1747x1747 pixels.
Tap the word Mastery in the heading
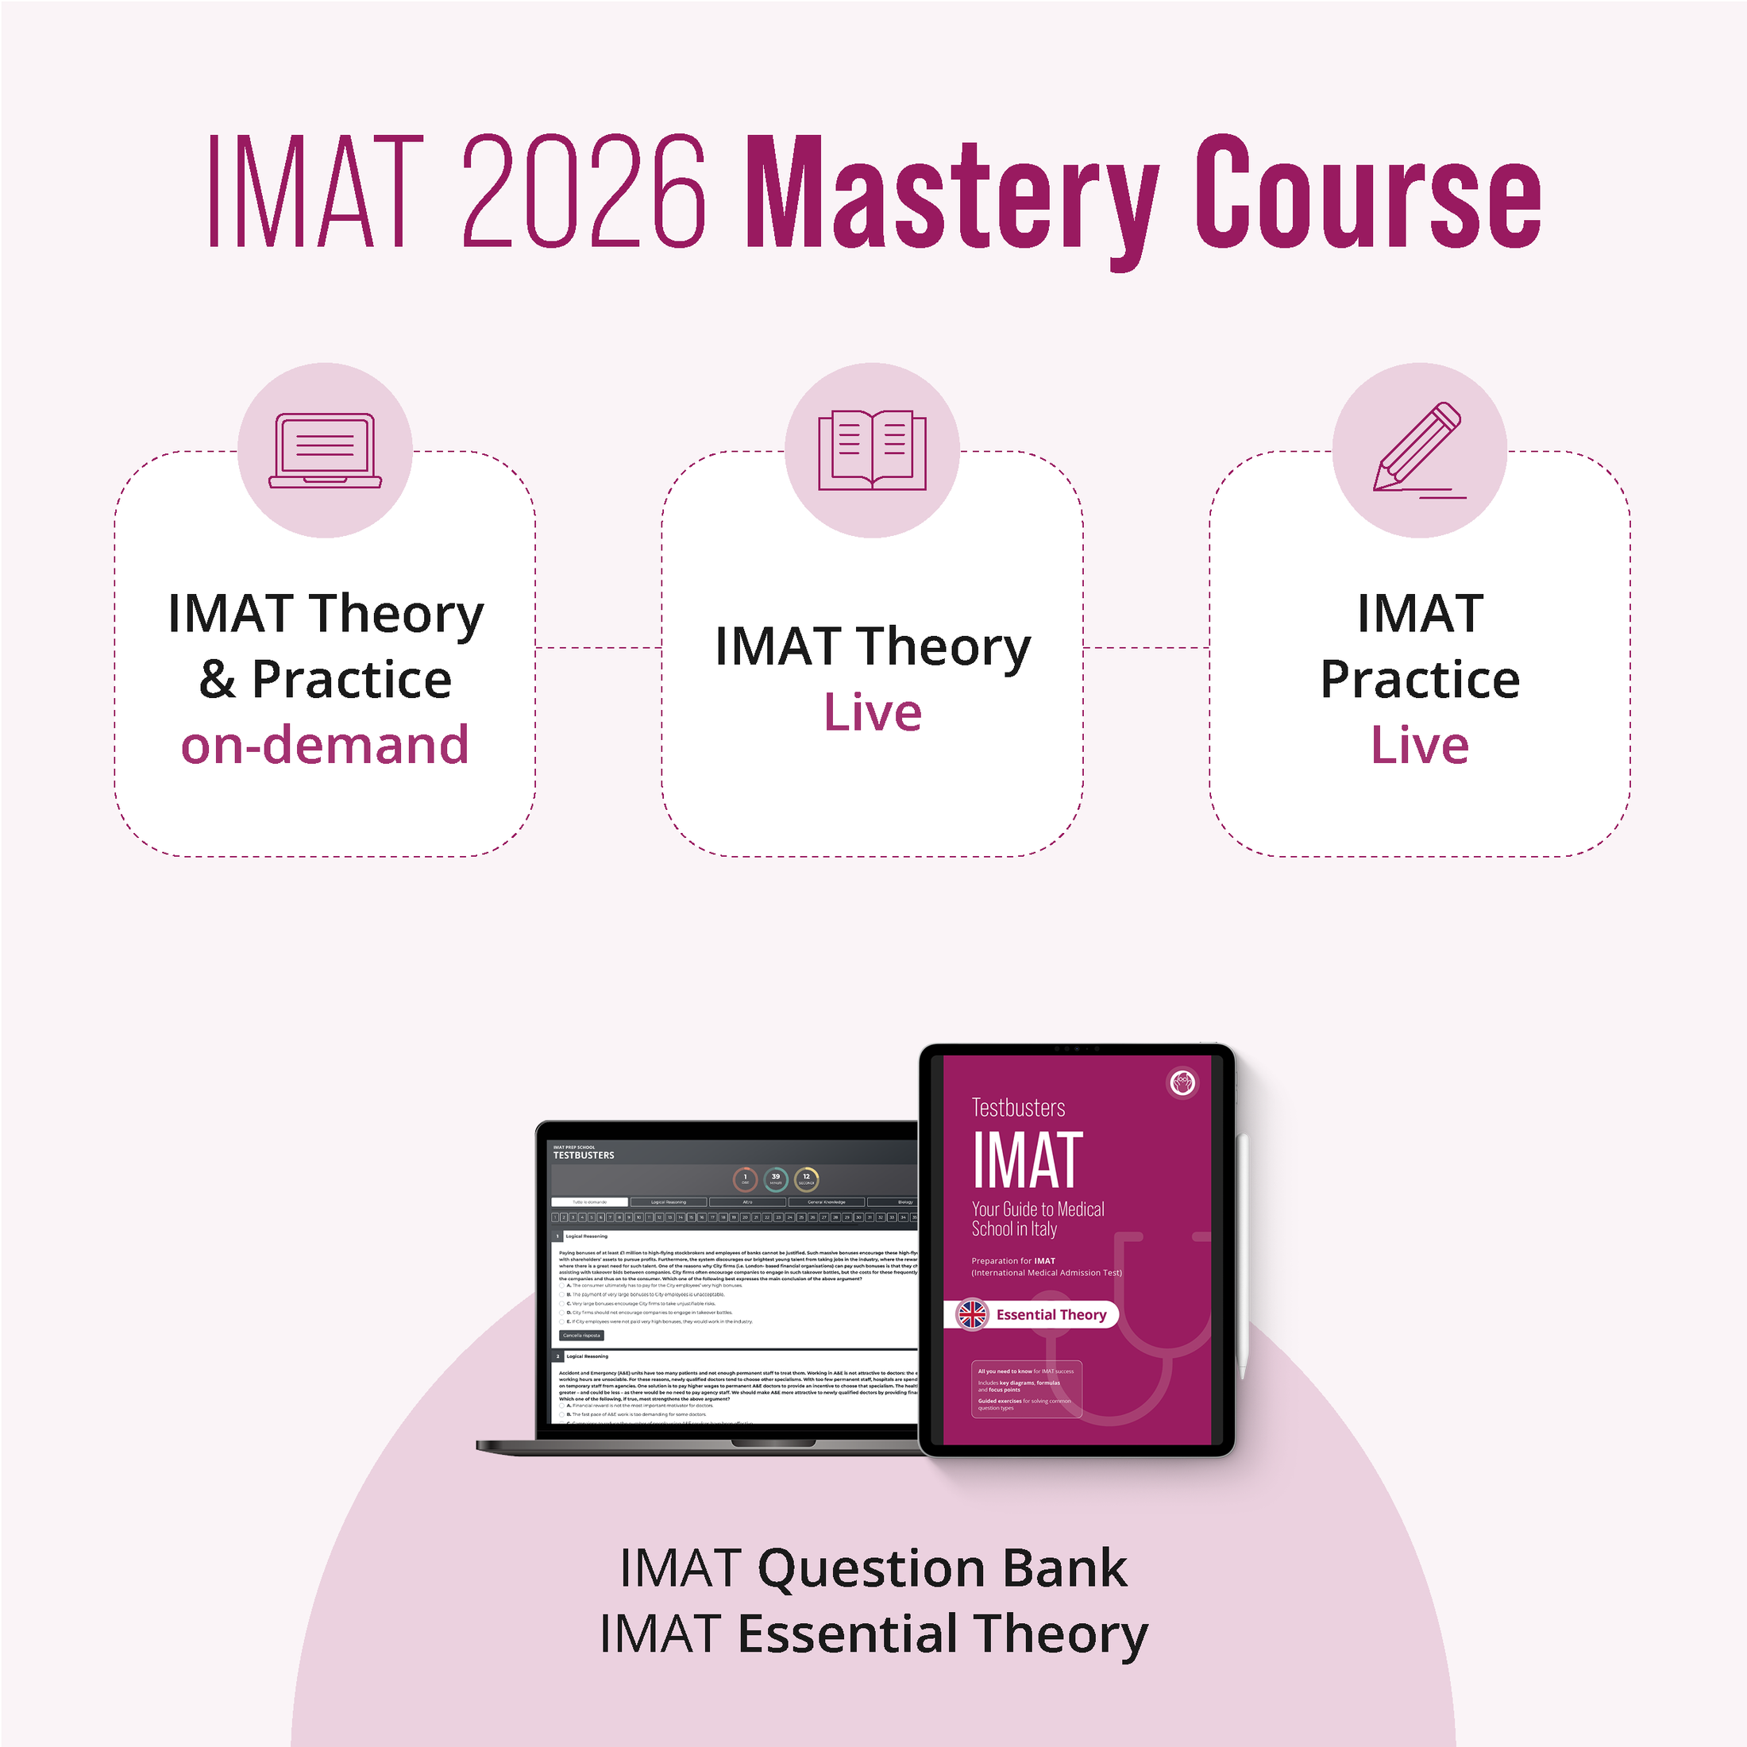click(950, 195)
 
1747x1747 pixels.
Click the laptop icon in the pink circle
click(325, 450)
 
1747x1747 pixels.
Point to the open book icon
click(872, 449)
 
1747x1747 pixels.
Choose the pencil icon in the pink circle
click(1418, 449)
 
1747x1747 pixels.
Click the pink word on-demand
click(325, 745)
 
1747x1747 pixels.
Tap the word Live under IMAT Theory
click(873, 712)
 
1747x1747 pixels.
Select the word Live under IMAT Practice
click(1420, 745)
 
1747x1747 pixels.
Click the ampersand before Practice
click(217, 680)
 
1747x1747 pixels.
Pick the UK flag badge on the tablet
click(973, 1315)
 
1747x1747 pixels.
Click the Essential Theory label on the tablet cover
click(1051, 1315)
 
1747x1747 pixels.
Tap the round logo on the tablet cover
click(1182, 1082)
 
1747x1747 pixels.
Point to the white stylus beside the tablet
click(1244, 1257)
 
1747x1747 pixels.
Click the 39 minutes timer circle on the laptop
click(775, 1179)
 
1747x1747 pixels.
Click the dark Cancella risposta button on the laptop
click(580, 1335)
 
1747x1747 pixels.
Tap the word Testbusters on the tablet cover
click(1018, 1108)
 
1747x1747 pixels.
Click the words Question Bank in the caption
click(943, 1569)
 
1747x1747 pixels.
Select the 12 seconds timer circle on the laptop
click(806, 1179)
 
